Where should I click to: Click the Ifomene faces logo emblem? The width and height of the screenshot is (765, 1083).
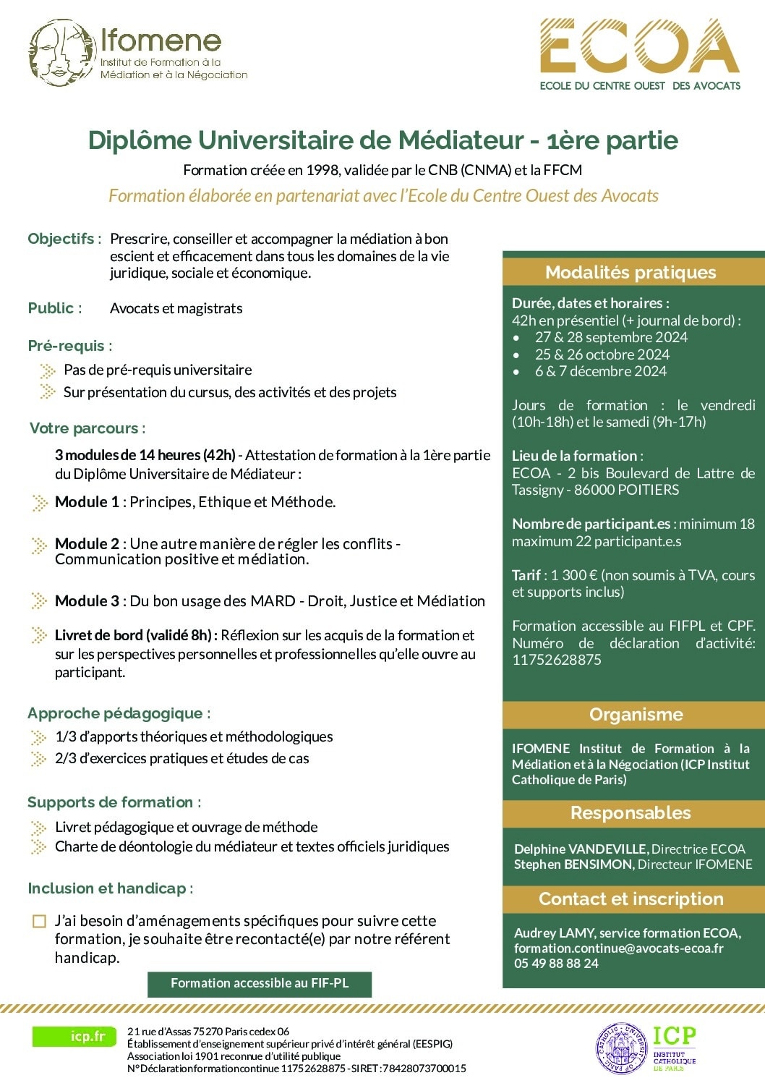pos(61,53)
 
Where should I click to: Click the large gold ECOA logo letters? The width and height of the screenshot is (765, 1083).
pos(640,47)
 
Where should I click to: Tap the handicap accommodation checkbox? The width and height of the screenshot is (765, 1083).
pos(39,921)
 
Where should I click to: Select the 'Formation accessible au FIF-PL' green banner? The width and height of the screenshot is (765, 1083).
pos(260,983)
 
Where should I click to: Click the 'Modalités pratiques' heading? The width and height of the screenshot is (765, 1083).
pos(631,272)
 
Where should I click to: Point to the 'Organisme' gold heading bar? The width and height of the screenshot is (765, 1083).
pos(636,714)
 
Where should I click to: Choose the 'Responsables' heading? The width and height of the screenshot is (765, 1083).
pos(631,812)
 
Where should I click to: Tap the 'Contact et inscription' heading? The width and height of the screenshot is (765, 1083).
pos(631,899)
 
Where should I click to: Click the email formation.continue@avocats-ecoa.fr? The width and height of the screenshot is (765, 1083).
pos(618,948)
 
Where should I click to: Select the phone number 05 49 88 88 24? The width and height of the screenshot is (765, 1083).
pos(556,963)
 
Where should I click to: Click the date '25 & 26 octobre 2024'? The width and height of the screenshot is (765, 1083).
pos(602,354)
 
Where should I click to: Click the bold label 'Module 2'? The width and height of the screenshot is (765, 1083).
pos(87,543)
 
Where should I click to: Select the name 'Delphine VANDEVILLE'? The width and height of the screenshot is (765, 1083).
pos(581,849)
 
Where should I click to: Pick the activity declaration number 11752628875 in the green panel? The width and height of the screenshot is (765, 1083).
pos(556,660)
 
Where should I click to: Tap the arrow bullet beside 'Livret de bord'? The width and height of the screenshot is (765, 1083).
pos(40,635)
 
